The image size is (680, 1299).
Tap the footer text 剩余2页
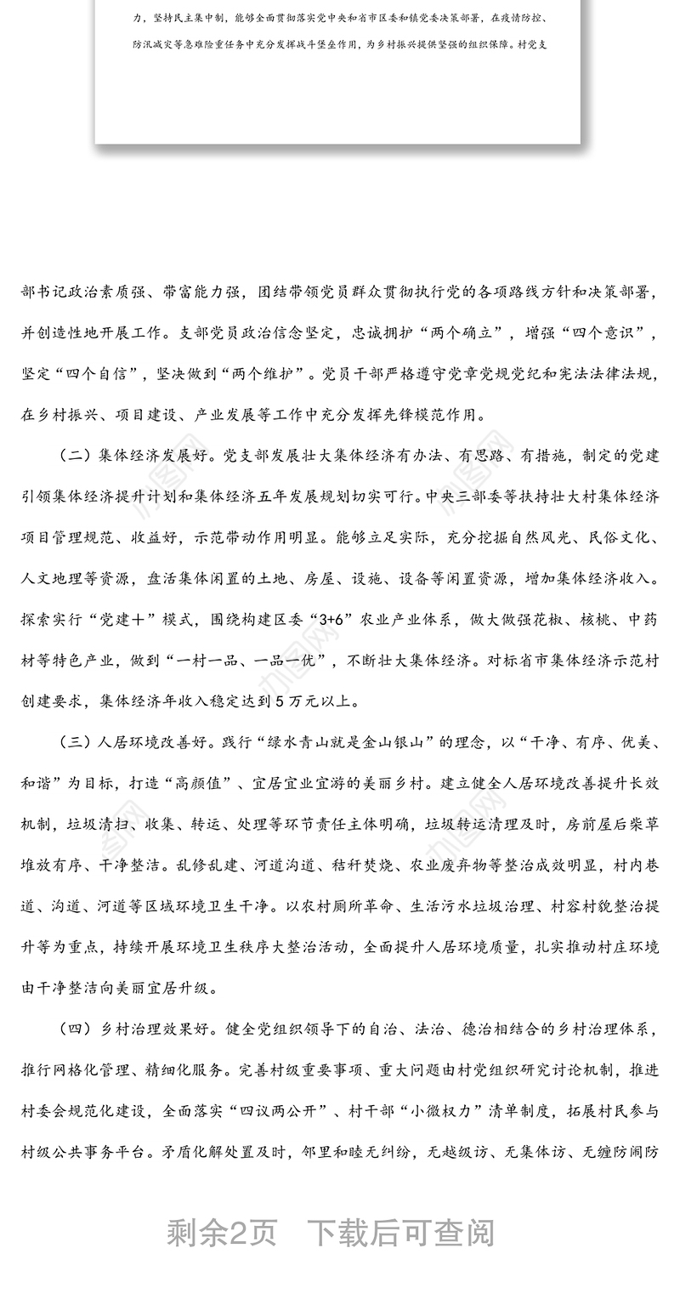tap(222, 1233)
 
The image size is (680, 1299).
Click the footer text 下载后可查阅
tap(399, 1233)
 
